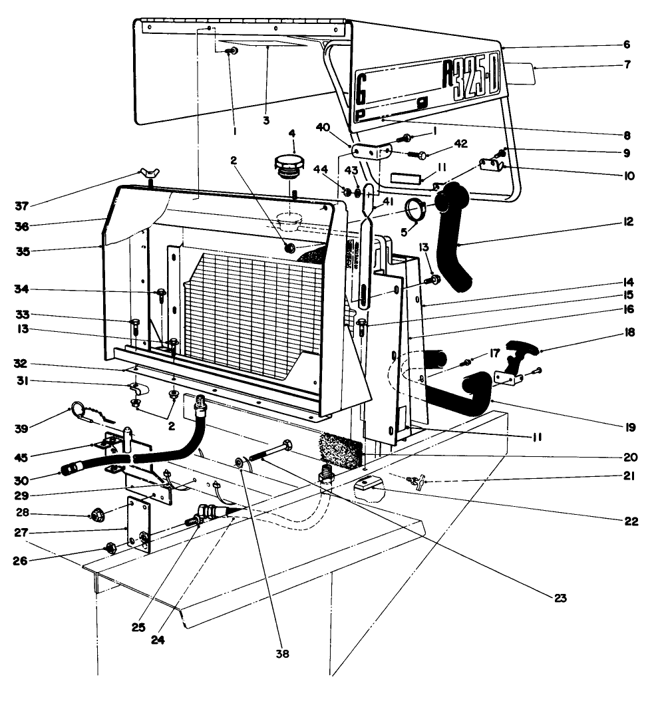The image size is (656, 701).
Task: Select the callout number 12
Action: pos(629,222)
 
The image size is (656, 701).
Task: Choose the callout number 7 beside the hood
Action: pos(627,65)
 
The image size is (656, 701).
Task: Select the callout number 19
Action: pos(629,427)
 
